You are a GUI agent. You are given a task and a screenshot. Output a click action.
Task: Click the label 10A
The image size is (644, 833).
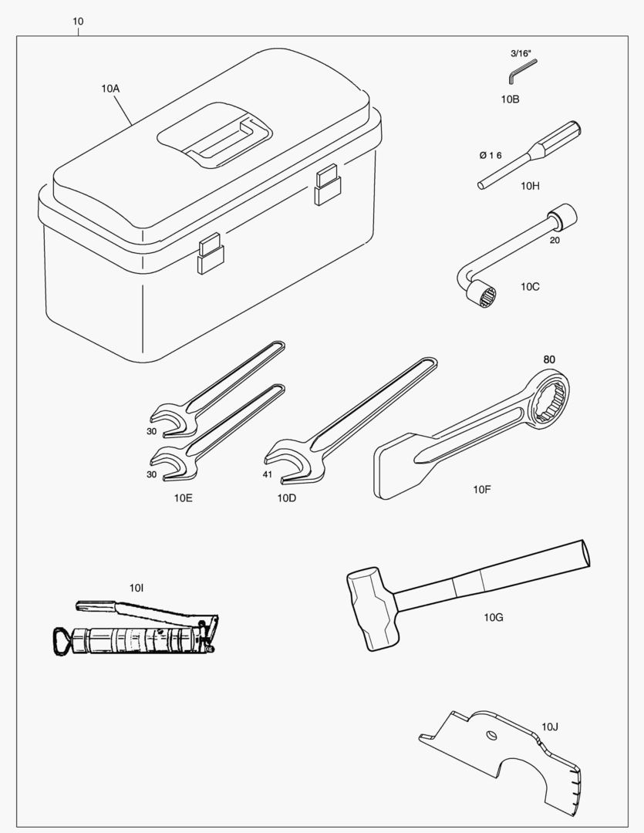110,89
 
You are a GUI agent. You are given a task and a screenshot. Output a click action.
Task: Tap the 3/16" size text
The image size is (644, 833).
521,53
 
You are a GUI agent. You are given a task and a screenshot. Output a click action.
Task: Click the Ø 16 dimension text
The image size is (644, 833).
490,155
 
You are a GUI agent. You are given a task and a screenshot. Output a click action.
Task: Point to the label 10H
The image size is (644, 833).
530,185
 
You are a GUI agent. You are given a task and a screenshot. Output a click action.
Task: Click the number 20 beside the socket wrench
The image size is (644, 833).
555,240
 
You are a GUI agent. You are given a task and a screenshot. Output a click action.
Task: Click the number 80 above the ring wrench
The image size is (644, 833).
549,359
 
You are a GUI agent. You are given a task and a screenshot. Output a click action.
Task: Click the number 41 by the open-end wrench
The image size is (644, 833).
268,474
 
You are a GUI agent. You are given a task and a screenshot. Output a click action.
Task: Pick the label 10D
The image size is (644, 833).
286,497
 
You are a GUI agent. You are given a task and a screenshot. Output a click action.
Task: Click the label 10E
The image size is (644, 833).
184,497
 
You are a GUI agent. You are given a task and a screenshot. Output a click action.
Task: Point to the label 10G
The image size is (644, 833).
493,617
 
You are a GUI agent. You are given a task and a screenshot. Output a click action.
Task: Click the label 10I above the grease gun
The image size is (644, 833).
137,588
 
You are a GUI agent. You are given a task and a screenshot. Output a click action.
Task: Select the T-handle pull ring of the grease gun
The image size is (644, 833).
62,641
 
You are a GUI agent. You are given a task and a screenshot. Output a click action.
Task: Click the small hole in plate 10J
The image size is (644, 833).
491,735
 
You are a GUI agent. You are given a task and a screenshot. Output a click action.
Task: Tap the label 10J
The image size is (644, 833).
550,727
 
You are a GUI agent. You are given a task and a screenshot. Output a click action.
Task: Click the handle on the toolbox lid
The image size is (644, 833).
223,139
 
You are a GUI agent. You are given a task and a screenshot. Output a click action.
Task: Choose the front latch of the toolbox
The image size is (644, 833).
211,254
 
